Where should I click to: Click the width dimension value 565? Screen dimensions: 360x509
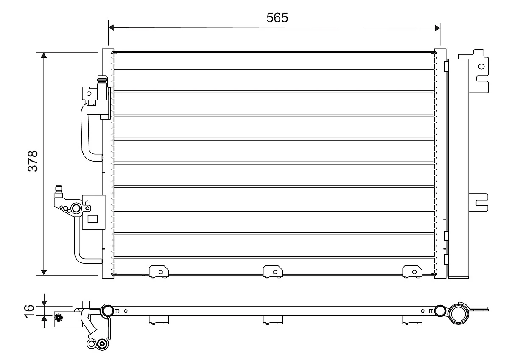click(277, 17)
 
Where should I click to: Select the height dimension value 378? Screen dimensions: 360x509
click(33, 161)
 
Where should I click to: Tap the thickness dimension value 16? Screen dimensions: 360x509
click(29, 310)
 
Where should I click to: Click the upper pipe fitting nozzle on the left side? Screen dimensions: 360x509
click(102, 81)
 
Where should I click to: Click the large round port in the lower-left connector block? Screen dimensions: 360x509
click(76, 208)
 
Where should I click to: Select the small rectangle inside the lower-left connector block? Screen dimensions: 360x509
click(92, 219)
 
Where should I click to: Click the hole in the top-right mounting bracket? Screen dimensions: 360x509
click(481, 66)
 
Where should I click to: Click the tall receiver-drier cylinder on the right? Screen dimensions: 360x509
click(459, 168)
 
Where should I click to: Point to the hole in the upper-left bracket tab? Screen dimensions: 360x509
click(89, 92)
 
